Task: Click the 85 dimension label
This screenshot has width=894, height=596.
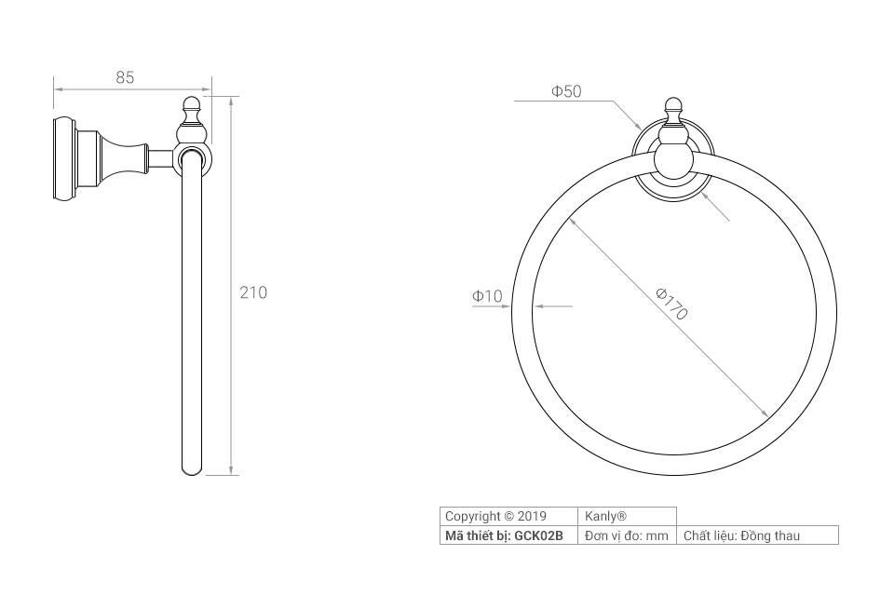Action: [x=125, y=77]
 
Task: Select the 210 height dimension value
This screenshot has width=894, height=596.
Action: [x=253, y=292]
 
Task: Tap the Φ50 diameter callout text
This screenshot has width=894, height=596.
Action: [x=566, y=91]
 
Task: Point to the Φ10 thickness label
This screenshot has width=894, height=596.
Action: [x=487, y=296]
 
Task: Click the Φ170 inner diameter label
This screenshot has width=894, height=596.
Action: [x=671, y=304]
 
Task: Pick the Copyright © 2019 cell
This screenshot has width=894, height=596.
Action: [x=495, y=516]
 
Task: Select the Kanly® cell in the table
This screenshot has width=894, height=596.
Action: [x=605, y=516]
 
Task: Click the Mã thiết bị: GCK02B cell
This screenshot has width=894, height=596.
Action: [x=504, y=535]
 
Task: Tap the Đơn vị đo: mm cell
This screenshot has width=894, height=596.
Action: [x=626, y=535]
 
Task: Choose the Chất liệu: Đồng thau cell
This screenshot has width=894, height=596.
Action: [x=741, y=535]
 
